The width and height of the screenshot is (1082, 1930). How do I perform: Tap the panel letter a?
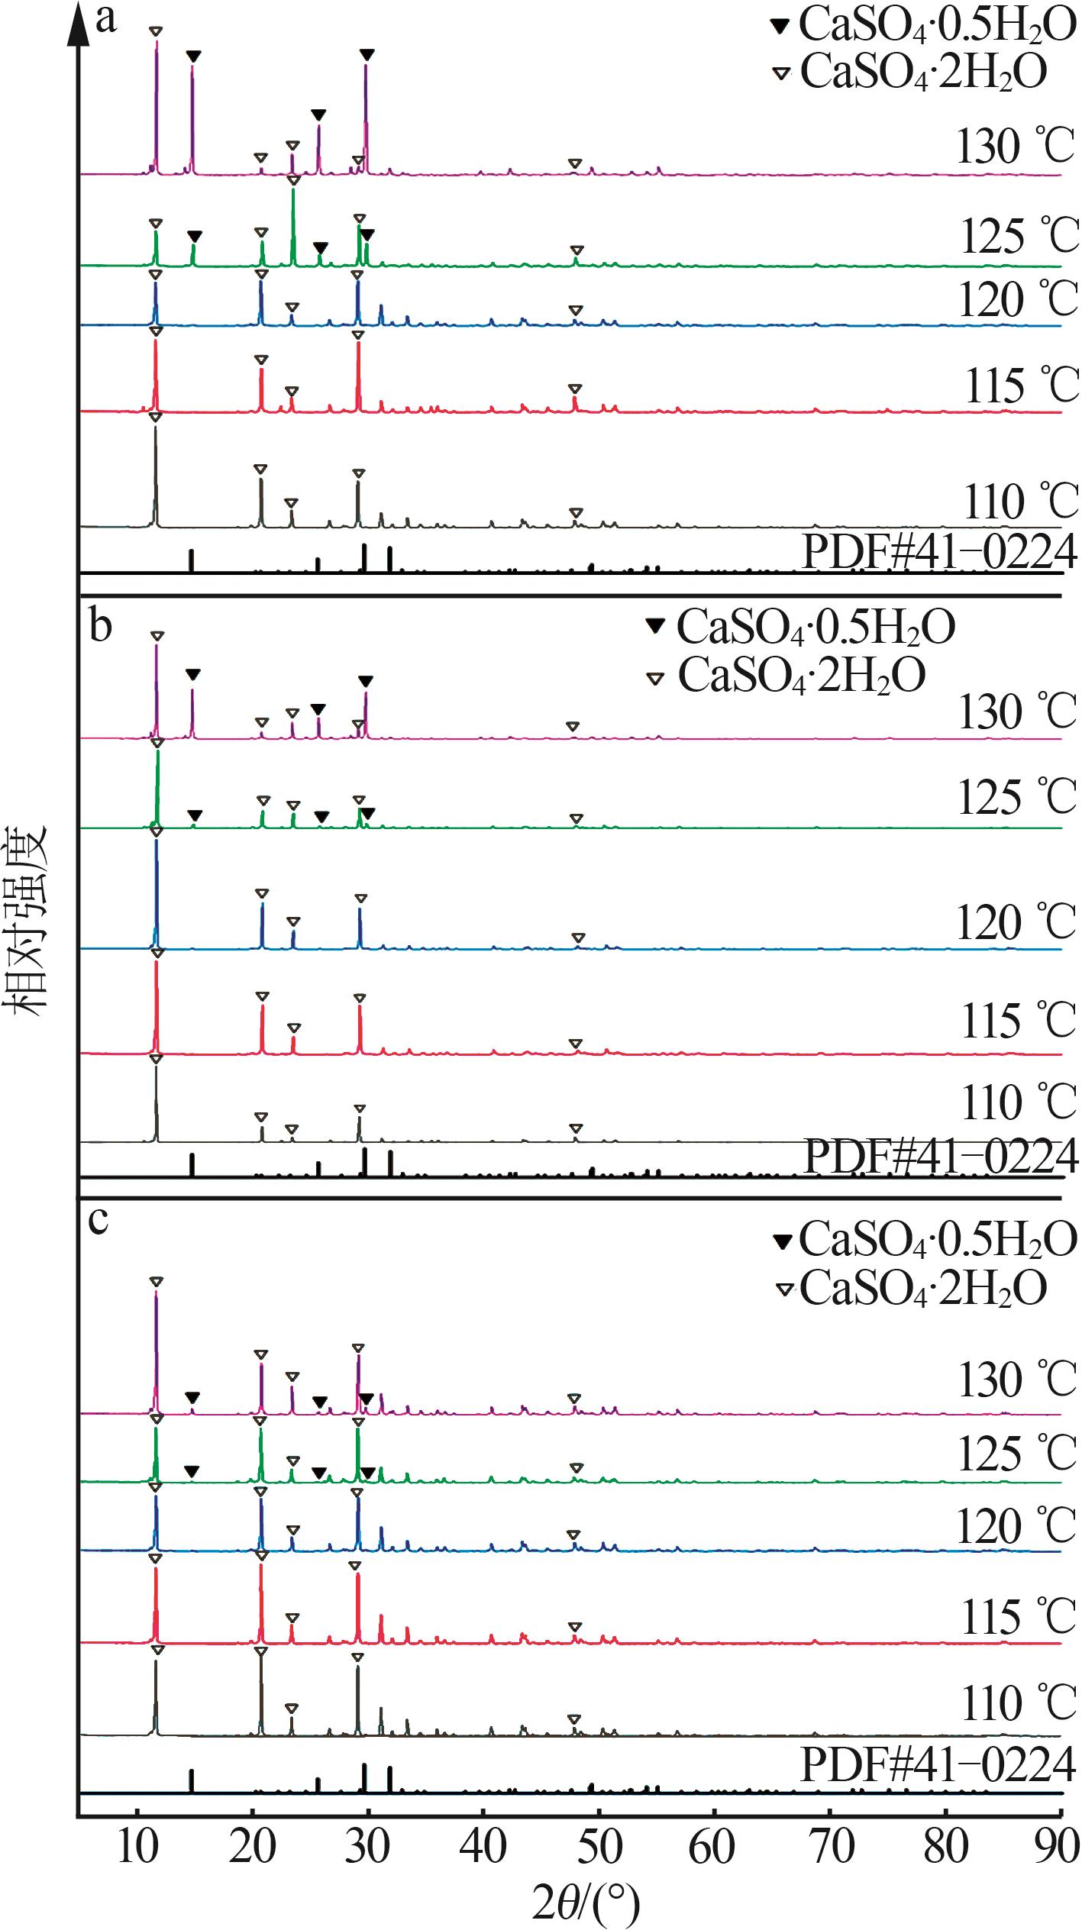(105, 18)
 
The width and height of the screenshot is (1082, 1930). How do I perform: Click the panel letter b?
(100, 626)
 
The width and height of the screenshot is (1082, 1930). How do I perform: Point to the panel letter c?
(99, 1220)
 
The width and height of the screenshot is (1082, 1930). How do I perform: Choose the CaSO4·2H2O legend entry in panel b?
(802, 676)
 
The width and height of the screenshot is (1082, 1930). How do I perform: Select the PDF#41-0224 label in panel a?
(939, 552)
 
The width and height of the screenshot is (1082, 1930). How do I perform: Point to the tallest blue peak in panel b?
(157, 844)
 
